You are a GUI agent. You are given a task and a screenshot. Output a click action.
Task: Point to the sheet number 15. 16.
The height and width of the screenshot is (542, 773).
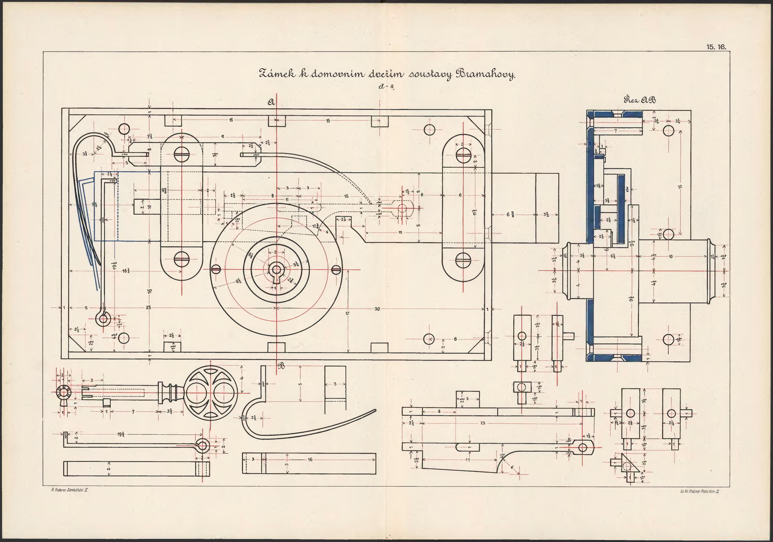pyautogui.click(x=716, y=47)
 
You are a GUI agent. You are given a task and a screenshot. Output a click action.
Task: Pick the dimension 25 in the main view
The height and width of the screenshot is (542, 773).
pyautogui.click(x=149, y=308)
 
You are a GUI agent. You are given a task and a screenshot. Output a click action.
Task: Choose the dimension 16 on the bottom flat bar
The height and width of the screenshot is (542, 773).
pyautogui.click(x=310, y=459)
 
